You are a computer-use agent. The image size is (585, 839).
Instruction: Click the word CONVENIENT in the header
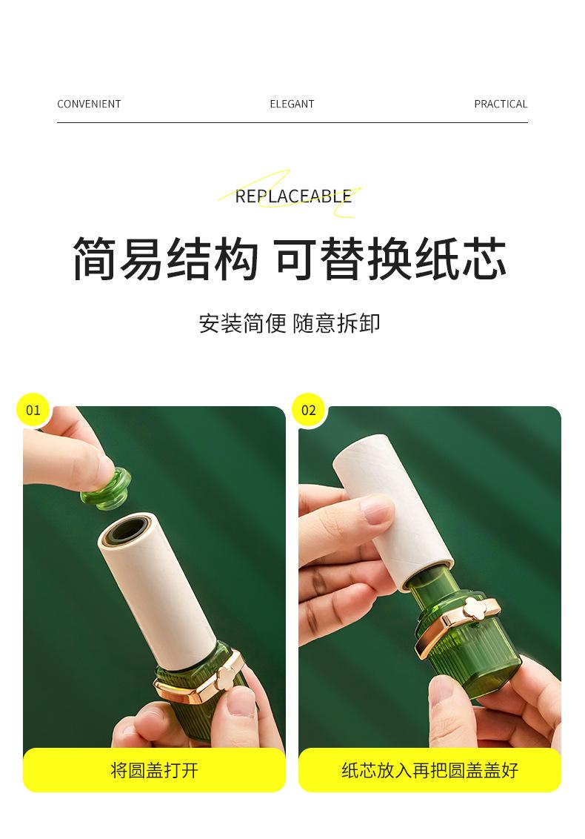pos(89,104)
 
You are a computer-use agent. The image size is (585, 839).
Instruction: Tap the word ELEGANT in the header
pos(292,104)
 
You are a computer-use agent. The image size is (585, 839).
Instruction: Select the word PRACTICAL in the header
pos(501,104)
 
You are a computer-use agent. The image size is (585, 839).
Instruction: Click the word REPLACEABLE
pos(293,196)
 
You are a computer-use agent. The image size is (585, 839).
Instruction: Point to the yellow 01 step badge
pos(33,410)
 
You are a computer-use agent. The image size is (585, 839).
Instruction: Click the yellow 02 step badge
pos(309,410)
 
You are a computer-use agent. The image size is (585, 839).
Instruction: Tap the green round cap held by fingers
pos(107,488)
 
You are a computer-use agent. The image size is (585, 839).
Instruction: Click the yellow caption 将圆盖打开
pos(154,770)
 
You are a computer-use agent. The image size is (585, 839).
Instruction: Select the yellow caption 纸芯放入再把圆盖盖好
pos(430,770)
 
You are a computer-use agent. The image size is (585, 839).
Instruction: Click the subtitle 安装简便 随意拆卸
pos(290,323)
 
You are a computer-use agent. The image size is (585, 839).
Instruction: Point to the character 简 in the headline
pos(96,259)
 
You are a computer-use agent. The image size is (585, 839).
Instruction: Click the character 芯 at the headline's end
pos(484,259)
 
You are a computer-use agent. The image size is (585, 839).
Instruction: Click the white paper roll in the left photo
pos(158,591)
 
